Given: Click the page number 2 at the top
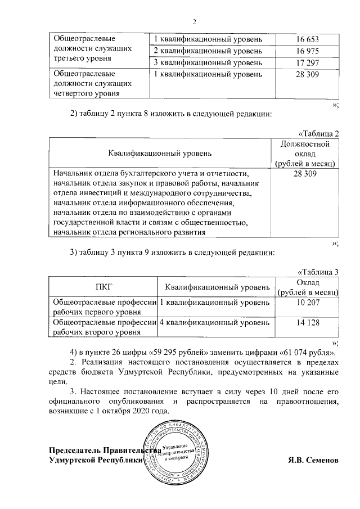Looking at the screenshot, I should pos(193,22).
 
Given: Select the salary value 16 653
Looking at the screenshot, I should pos(307,40).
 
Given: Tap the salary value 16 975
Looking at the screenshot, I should pos(307,51).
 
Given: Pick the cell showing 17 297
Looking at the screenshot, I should pos(307,62).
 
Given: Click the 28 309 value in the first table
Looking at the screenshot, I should pos(307,74).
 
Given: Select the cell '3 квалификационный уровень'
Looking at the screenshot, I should pos(208,62).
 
